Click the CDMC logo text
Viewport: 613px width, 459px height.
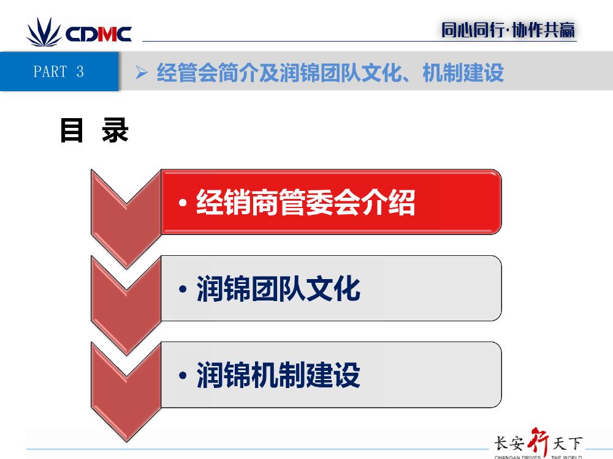point(99,34)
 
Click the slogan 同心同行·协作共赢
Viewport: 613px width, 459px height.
point(508,30)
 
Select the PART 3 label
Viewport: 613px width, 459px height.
point(59,72)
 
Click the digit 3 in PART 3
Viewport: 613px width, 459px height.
point(80,72)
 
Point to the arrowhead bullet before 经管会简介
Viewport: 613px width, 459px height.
point(142,73)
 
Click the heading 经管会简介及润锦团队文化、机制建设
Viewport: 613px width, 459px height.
point(330,73)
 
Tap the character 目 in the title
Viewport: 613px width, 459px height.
point(72,130)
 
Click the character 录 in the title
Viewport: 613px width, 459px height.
point(115,130)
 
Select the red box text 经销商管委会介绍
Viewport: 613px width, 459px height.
point(306,202)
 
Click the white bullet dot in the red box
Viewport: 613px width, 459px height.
point(183,203)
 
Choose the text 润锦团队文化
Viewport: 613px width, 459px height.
point(278,288)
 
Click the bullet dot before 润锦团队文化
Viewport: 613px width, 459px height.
point(183,289)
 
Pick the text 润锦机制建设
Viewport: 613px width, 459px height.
point(278,375)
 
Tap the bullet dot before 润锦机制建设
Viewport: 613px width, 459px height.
point(183,376)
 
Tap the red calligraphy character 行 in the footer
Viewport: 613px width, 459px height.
point(538,442)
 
